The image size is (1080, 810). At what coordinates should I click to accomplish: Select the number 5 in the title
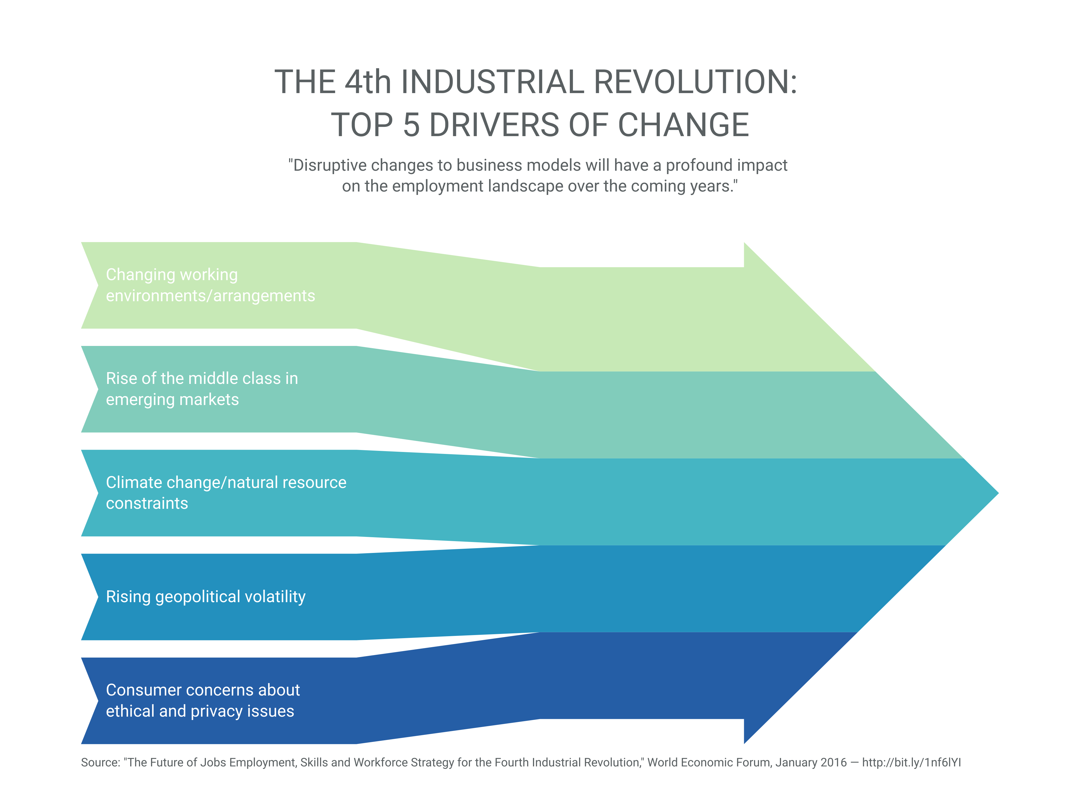[x=411, y=125]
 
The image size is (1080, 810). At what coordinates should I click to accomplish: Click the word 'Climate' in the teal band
[x=134, y=482]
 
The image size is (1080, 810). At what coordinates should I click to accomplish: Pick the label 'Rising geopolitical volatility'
[x=206, y=596]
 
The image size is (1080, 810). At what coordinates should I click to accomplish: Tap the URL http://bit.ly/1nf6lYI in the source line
[x=911, y=763]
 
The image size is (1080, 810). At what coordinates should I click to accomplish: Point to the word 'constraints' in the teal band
[x=147, y=503]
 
